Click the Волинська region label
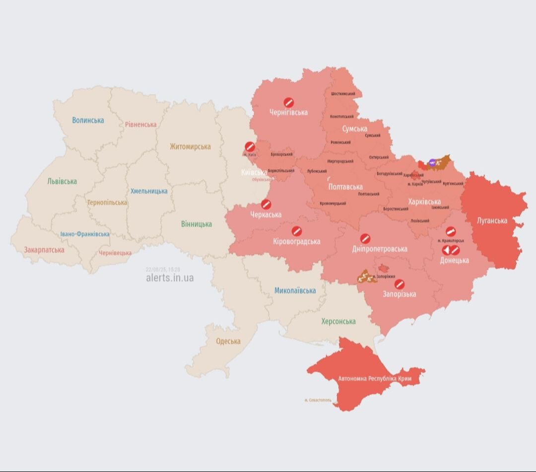click(88, 120)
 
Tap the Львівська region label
click(62, 181)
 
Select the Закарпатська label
click(44, 250)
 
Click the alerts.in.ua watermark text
click(170, 278)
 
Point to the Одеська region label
click(228, 341)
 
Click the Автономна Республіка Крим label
click(375, 378)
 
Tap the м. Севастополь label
click(318, 400)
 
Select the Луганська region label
click(492, 220)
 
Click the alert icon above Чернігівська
click(288, 102)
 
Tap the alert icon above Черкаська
click(266, 204)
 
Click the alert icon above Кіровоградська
click(297, 231)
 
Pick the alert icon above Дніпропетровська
click(365, 239)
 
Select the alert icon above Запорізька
click(399, 284)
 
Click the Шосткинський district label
click(342, 94)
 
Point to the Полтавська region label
click(345, 187)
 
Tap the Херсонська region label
click(338, 321)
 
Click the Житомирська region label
click(190, 146)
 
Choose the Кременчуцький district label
click(333, 203)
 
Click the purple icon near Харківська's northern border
click(432, 162)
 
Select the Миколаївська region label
click(295, 290)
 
